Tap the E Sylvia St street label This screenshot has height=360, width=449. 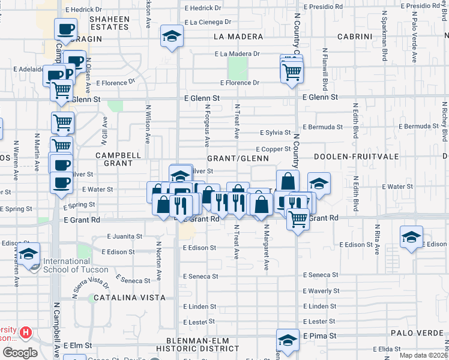[275, 133]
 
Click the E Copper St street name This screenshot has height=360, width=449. [273, 149]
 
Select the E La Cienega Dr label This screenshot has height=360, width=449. [208, 22]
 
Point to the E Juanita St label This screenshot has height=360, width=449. [125, 236]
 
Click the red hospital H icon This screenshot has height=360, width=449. [26, 332]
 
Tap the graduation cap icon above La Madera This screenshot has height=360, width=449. [172, 37]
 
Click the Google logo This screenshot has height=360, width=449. [20, 353]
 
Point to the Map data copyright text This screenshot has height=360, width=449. [423, 355]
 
